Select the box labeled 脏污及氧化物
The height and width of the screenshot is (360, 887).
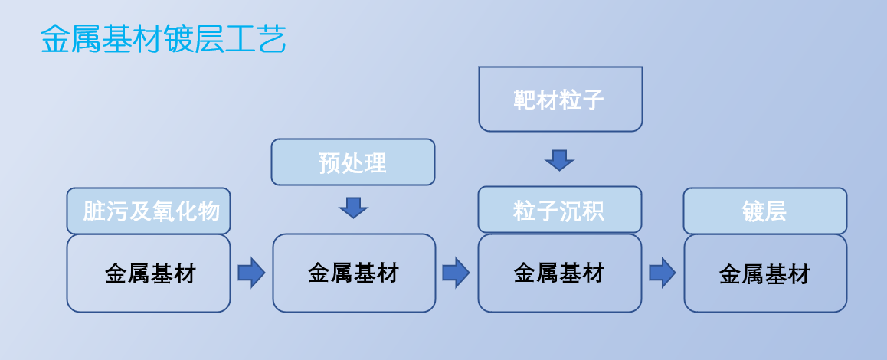pyautogui.click(x=149, y=211)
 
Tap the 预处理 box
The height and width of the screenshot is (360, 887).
pyautogui.click(x=353, y=162)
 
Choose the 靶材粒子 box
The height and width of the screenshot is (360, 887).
pyautogui.click(x=561, y=99)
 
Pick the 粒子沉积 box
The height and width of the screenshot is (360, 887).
pyautogui.click(x=559, y=210)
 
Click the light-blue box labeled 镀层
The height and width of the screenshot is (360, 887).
pyautogui.click(x=764, y=211)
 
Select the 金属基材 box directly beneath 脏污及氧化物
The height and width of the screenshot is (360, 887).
pyautogui.click(x=149, y=273)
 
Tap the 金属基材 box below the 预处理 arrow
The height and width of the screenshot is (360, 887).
pyautogui.click(x=354, y=273)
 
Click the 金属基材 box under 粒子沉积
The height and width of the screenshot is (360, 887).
pyautogui.click(x=559, y=273)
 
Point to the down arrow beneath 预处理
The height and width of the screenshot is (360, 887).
pyautogui.click(x=354, y=208)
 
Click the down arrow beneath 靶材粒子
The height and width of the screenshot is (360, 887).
pyautogui.click(x=559, y=160)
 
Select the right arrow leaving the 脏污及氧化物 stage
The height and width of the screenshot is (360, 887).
pyautogui.click(x=251, y=273)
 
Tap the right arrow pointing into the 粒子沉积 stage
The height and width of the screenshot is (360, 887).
pyautogui.click(x=456, y=273)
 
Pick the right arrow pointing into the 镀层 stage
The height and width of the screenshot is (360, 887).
pyautogui.click(x=663, y=273)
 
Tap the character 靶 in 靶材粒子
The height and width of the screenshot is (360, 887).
pyautogui.click(x=525, y=100)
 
